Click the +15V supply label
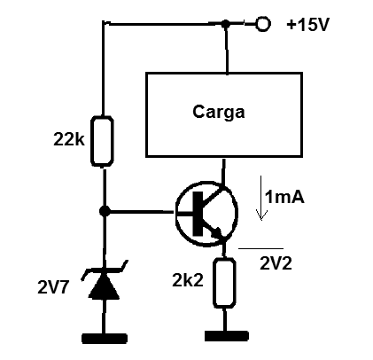click(x=307, y=25)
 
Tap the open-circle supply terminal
click(x=262, y=24)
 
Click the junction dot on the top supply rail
click(x=226, y=24)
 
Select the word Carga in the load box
click(x=219, y=113)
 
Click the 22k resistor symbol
click(x=102, y=141)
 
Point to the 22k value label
click(x=69, y=139)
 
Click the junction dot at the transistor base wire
click(x=105, y=211)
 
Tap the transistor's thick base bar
click(x=198, y=214)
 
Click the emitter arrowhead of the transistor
click(x=216, y=233)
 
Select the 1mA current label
click(x=284, y=197)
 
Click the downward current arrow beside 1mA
click(x=261, y=198)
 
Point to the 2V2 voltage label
click(x=276, y=263)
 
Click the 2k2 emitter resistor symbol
click(x=224, y=283)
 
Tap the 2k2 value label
click(x=188, y=280)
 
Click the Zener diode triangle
click(x=105, y=286)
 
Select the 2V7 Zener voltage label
click(x=53, y=287)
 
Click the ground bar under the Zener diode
click(x=105, y=339)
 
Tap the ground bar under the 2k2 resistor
click(x=227, y=336)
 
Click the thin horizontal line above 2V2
click(x=260, y=248)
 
